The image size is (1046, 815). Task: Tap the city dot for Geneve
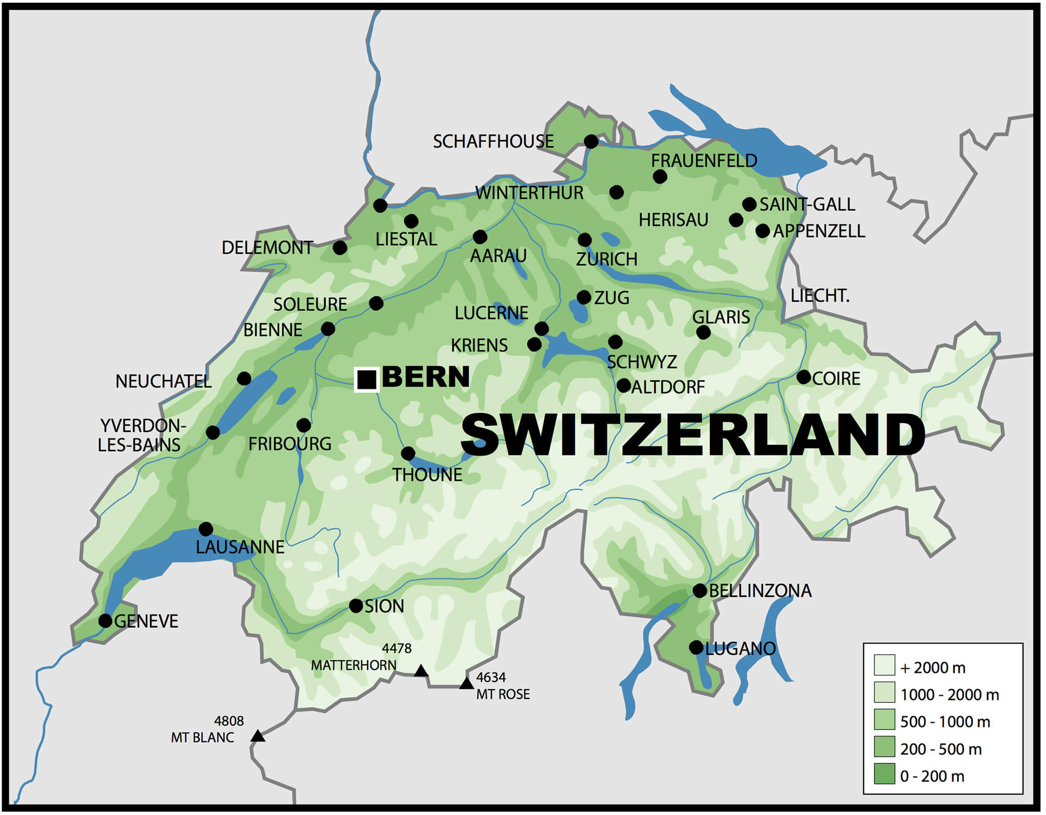(x=105, y=621)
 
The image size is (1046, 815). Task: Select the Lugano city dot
(x=696, y=647)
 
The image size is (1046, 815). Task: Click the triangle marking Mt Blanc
(x=258, y=737)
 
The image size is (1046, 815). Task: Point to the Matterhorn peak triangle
(x=421, y=671)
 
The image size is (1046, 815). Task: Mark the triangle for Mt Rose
(x=466, y=684)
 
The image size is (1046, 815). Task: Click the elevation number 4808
(x=229, y=721)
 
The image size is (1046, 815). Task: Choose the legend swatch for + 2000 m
(x=884, y=665)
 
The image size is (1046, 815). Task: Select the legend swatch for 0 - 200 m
(x=884, y=774)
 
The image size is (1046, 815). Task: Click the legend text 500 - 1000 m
(x=945, y=722)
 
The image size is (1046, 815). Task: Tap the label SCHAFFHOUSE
(x=493, y=142)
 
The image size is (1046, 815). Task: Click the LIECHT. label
(x=819, y=296)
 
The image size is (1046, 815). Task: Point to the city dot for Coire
(x=804, y=376)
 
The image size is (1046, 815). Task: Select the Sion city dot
(x=356, y=605)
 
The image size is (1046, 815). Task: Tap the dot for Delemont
(x=339, y=248)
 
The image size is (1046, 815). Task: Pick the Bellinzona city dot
(x=700, y=591)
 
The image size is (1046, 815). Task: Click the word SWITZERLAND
(x=692, y=434)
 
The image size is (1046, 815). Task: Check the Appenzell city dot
(x=763, y=231)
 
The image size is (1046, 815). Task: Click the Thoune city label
(x=427, y=475)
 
